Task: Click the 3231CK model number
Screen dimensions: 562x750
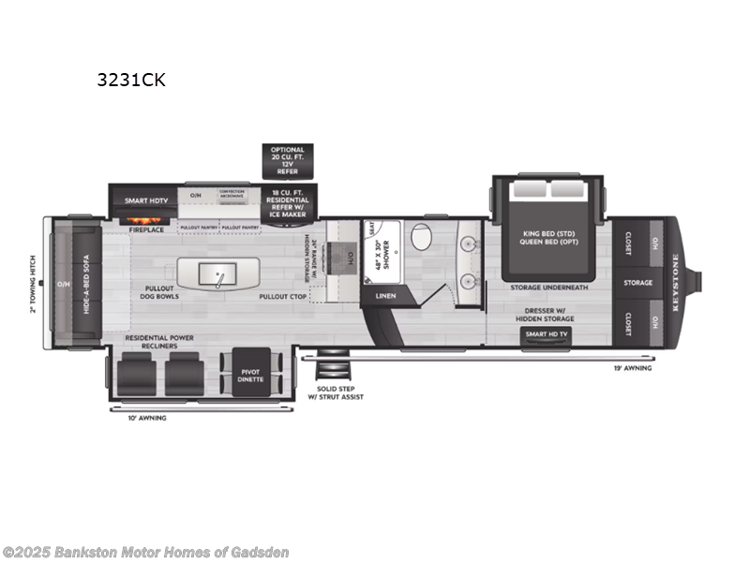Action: [130, 80]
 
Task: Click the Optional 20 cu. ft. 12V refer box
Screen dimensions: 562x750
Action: [288, 160]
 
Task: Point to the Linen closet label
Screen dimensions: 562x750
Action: [385, 296]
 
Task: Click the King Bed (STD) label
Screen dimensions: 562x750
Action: [547, 232]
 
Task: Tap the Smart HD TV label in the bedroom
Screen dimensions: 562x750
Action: [548, 334]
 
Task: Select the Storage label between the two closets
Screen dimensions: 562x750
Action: [637, 282]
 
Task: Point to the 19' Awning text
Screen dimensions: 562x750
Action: [633, 368]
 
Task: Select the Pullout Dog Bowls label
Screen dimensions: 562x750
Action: [161, 292]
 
